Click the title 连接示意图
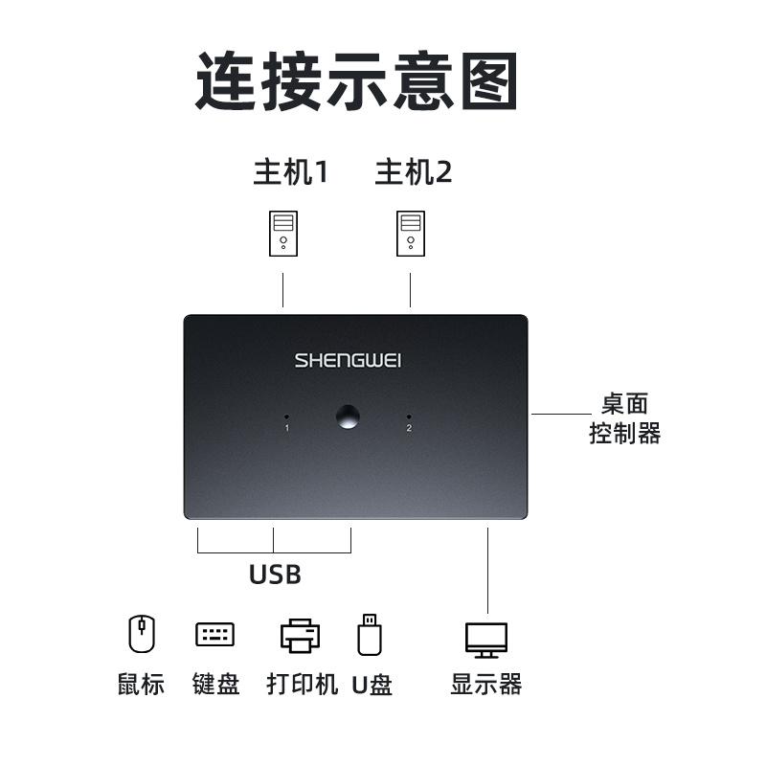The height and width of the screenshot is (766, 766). (x=356, y=82)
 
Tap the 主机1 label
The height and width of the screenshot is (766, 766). (x=290, y=172)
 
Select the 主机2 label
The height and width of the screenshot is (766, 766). (x=413, y=172)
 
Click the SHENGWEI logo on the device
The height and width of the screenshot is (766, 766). (x=348, y=361)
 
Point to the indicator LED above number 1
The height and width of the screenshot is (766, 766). (x=286, y=417)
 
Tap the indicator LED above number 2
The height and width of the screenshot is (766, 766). (x=409, y=417)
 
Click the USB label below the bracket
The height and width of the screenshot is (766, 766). (x=275, y=574)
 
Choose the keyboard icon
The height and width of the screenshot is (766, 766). (x=214, y=634)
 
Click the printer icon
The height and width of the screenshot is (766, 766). (x=300, y=635)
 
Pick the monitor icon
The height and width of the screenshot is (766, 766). (x=486, y=639)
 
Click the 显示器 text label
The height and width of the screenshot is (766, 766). (x=486, y=685)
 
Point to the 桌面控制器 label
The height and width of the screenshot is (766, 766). (x=624, y=419)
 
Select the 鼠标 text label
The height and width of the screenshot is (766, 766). (x=142, y=685)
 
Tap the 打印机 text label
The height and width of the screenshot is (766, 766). (x=302, y=685)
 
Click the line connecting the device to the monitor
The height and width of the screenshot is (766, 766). (x=487, y=570)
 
